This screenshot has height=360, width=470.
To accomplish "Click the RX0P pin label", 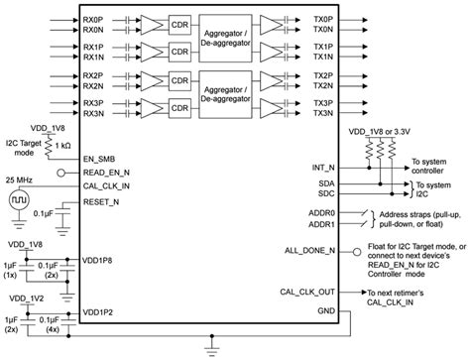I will coord(94,19).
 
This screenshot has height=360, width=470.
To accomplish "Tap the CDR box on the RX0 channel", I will coord(180,25).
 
